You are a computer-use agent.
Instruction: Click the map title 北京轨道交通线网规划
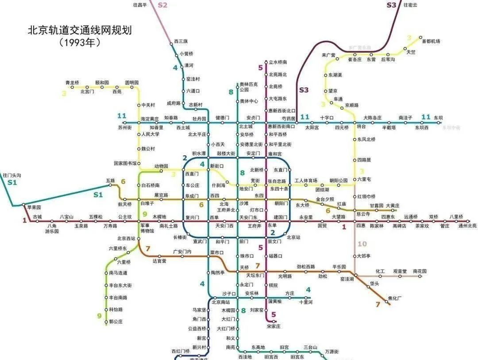(80, 31)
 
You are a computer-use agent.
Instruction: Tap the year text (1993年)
(80, 43)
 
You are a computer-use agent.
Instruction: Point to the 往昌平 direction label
(140, 5)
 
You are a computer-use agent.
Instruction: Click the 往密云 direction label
(410, 5)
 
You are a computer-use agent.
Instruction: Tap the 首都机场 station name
(431, 41)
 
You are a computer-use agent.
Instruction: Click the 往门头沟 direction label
(12, 176)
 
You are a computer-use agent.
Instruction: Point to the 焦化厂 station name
(394, 298)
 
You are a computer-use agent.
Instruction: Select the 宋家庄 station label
(274, 326)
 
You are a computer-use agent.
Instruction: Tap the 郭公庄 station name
(116, 322)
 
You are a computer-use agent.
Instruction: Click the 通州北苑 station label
(467, 226)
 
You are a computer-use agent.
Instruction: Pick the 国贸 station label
(322, 226)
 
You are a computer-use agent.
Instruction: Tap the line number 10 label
(362, 244)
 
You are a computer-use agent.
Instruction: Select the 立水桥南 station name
(278, 62)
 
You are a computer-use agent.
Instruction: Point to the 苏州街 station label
(125, 127)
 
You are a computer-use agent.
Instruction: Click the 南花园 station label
(420, 271)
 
